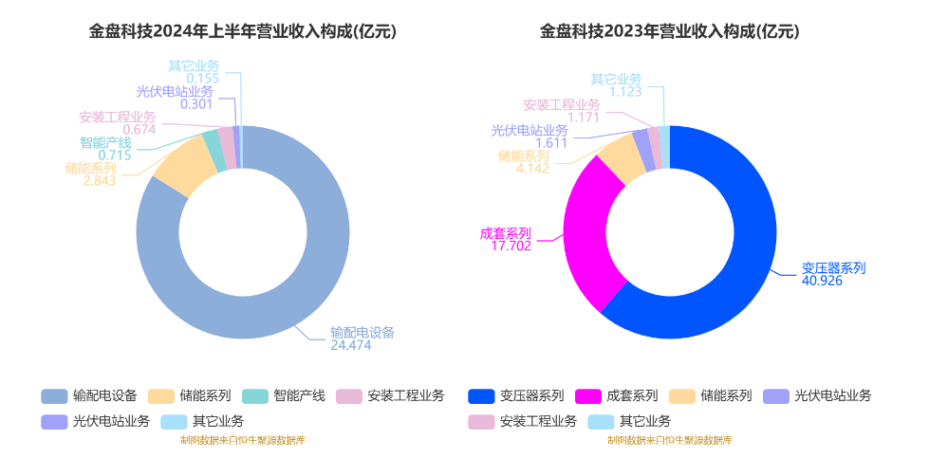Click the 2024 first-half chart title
click(x=243, y=31)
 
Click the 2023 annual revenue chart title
click(x=669, y=31)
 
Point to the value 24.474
click(x=350, y=346)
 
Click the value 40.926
click(x=822, y=282)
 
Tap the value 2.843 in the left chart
click(x=99, y=181)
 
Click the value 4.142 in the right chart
click(x=532, y=169)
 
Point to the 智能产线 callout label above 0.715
click(x=105, y=142)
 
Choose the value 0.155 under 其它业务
click(x=202, y=79)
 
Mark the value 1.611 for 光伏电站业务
click(x=550, y=143)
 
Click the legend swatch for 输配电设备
click(x=54, y=395)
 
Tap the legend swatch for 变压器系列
click(x=481, y=395)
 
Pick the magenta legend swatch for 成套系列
click(x=588, y=395)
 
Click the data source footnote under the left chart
click(x=243, y=440)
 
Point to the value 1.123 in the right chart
click(x=625, y=92)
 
